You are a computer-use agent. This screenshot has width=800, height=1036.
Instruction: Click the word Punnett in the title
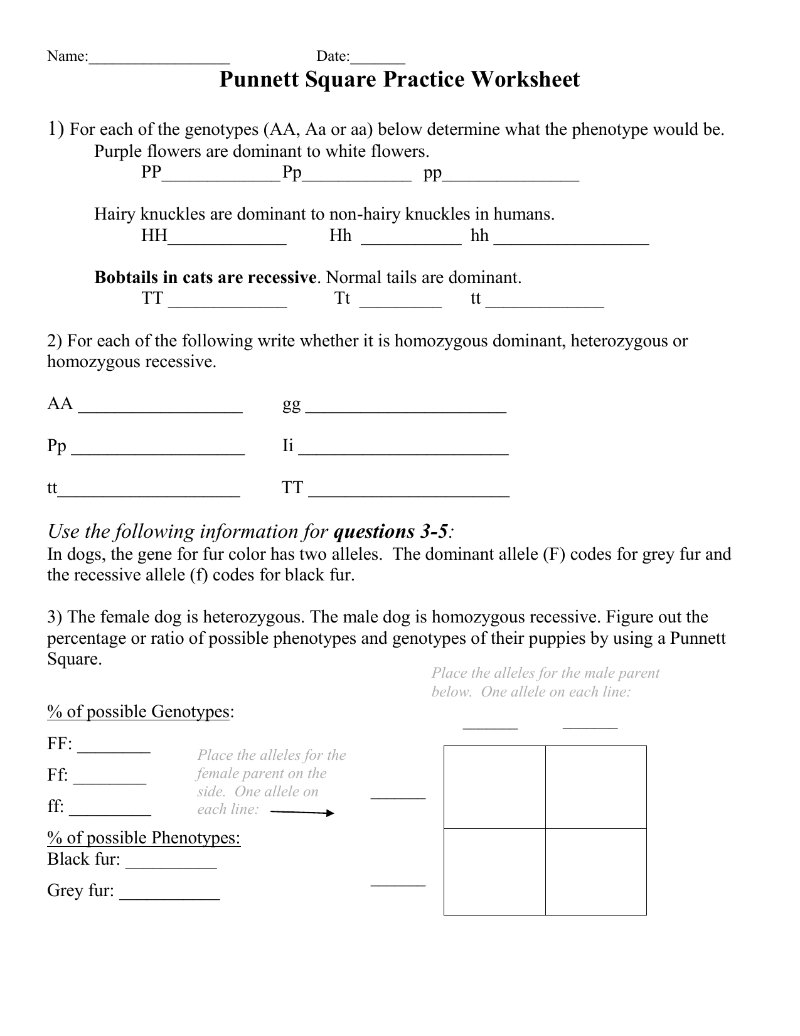[260, 80]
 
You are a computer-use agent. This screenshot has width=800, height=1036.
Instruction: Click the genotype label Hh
[341, 236]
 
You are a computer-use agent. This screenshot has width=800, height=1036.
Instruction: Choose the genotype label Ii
[288, 446]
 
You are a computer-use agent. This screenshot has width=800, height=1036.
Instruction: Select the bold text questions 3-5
[391, 532]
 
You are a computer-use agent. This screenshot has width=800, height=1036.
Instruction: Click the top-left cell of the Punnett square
[494, 787]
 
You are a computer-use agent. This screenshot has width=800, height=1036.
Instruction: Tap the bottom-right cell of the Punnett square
[596, 872]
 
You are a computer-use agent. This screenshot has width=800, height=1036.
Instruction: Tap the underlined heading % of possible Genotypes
[139, 712]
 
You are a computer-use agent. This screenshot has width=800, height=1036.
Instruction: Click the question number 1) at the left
[56, 129]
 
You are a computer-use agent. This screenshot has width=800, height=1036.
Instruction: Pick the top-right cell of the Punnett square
[596, 787]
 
